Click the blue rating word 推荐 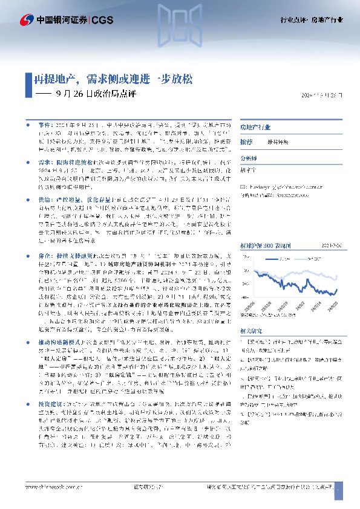(x=246, y=140)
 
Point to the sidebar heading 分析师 (x=249, y=157)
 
